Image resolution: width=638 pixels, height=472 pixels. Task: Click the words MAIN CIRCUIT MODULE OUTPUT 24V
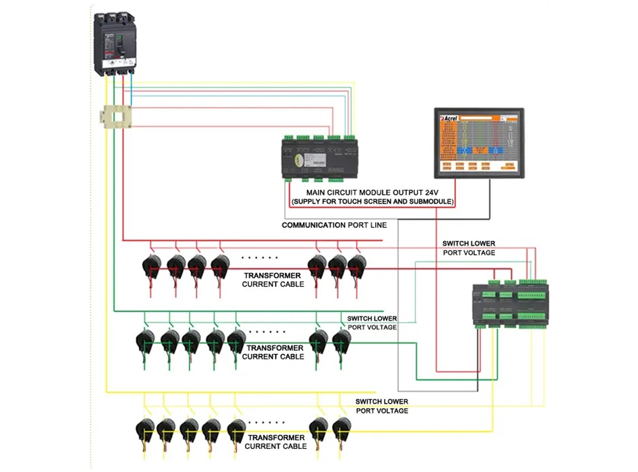pos(373,192)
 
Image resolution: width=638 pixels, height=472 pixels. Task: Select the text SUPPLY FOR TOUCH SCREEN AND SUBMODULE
pos(373,202)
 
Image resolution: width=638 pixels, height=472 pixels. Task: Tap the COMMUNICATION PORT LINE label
pos(334,225)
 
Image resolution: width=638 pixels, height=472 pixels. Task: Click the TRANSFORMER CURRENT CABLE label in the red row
pos(273,279)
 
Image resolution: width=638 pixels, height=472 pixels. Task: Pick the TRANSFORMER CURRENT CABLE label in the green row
pos(273,352)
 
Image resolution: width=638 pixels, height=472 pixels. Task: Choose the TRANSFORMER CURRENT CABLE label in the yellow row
pos(276,441)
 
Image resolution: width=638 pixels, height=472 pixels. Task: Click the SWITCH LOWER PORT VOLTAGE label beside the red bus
pos(468,248)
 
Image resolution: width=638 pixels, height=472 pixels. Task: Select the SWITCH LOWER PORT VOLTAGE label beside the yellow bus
pos(382,406)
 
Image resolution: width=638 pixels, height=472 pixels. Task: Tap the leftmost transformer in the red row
pos(152,266)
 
